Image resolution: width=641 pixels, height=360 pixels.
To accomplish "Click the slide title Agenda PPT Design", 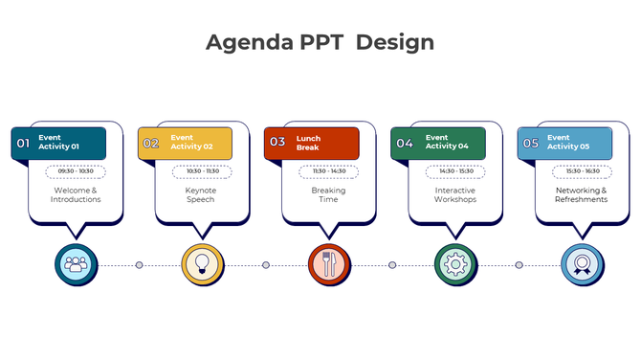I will (320, 42).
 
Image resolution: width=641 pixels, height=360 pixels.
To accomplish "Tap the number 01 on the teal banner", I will (23, 144).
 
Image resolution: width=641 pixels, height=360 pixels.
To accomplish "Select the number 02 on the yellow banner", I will (151, 144).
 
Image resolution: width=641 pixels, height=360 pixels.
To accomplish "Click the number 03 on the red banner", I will (277, 143).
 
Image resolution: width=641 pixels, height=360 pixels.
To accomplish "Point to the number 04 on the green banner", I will (405, 144).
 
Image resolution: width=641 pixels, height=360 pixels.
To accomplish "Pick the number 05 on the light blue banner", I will (531, 144).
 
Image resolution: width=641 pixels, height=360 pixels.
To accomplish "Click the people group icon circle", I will (76, 263).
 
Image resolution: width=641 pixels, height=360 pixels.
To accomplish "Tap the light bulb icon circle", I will (202, 263).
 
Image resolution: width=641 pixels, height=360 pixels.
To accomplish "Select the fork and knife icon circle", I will (328, 263).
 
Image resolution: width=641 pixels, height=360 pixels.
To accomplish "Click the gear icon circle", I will (454, 263).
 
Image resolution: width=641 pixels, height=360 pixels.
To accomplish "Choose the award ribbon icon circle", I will (581, 263).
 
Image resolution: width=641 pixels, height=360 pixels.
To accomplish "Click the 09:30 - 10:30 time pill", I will (76, 171).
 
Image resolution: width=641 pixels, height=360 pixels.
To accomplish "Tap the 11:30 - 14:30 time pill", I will (328, 171).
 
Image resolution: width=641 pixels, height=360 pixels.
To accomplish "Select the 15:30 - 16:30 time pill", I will (582, 171).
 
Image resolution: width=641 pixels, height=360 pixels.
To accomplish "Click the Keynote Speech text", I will (201, 195).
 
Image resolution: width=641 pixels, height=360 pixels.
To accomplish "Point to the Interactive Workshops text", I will (455, 195).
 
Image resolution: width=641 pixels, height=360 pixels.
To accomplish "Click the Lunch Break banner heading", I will (309, 143).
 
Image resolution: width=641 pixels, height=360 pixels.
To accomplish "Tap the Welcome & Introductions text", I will (76, 195).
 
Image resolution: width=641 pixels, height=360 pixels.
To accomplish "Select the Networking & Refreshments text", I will (582, 195).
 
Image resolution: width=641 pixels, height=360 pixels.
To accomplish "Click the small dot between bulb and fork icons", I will (266, 265).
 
